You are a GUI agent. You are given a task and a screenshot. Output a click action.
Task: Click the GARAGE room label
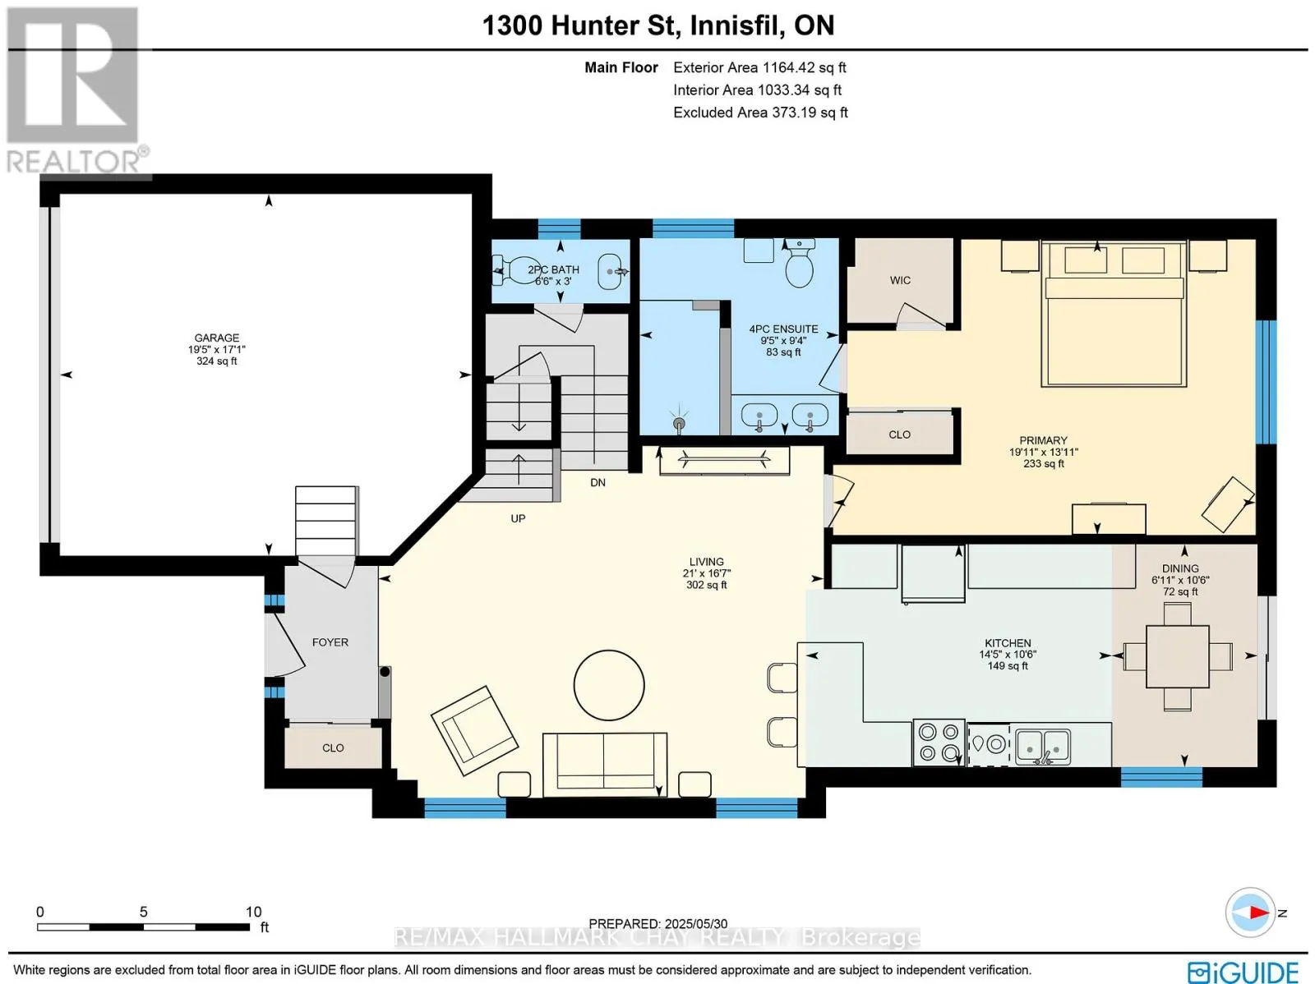point(216,338)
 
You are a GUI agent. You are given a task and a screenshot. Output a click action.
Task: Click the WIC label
point(900,280)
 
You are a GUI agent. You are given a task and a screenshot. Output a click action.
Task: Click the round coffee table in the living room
point(609,685)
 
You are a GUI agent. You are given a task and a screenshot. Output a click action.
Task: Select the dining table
point(1177,656)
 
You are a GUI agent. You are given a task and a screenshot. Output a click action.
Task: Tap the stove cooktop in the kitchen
point(939,743)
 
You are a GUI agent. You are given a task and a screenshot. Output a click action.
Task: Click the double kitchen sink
point(1042,747)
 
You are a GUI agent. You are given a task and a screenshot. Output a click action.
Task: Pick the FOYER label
point(330,642)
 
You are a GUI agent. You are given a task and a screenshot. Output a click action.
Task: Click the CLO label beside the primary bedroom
point(899,435)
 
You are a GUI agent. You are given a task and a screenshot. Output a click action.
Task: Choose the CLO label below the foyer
point(333,747)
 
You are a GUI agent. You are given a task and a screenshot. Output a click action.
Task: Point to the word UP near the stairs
point(519,518)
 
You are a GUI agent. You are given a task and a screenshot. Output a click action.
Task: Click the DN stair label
point(598,482)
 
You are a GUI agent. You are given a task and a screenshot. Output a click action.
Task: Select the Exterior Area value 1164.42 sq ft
point(803,67)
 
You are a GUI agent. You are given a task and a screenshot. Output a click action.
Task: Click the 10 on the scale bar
point(253,912)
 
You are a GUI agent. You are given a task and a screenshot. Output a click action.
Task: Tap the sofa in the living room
point(604,765)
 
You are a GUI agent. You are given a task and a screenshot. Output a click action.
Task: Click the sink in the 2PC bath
point(611,272)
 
